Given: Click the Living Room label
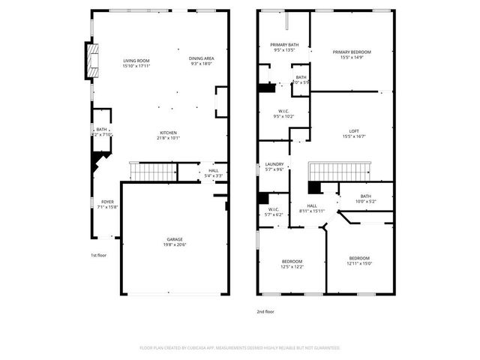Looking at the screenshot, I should point(136,61).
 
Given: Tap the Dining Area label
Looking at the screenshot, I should point(202,58).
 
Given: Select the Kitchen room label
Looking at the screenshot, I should point(167,133).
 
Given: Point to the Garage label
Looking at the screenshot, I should point(175,239).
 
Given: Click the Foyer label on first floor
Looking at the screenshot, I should point(108,202).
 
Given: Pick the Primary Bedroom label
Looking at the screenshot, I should point(352,52).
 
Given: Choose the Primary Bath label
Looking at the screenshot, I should point(284,45).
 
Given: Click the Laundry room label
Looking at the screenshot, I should point(274,164).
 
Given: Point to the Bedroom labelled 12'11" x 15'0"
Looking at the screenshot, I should point(359,259).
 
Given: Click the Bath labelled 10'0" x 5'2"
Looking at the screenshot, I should point(365,196).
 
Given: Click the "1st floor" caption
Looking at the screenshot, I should point(99,255).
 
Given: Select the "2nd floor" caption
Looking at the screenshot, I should point(265,311).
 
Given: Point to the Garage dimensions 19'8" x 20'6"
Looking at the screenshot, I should point(175,244).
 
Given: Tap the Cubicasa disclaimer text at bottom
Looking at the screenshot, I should point(240,348).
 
